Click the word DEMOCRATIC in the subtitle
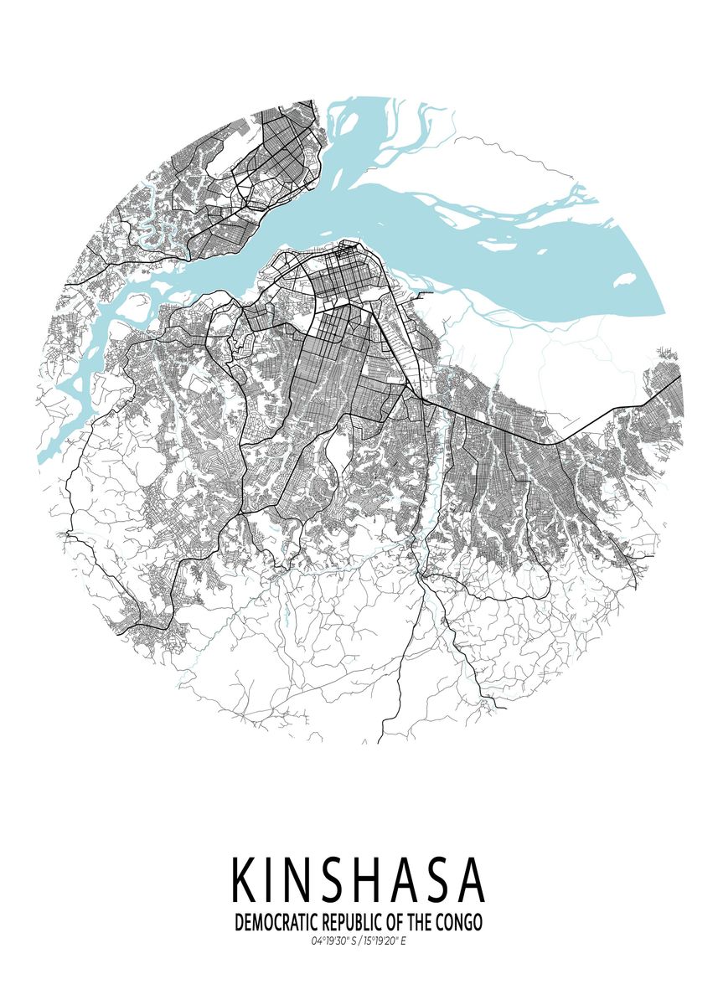[276, 923]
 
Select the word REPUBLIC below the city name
[353, 923]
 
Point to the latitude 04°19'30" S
[333, 942]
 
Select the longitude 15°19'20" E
[384, 942]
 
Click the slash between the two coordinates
[358, 942]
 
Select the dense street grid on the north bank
[276, 167]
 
